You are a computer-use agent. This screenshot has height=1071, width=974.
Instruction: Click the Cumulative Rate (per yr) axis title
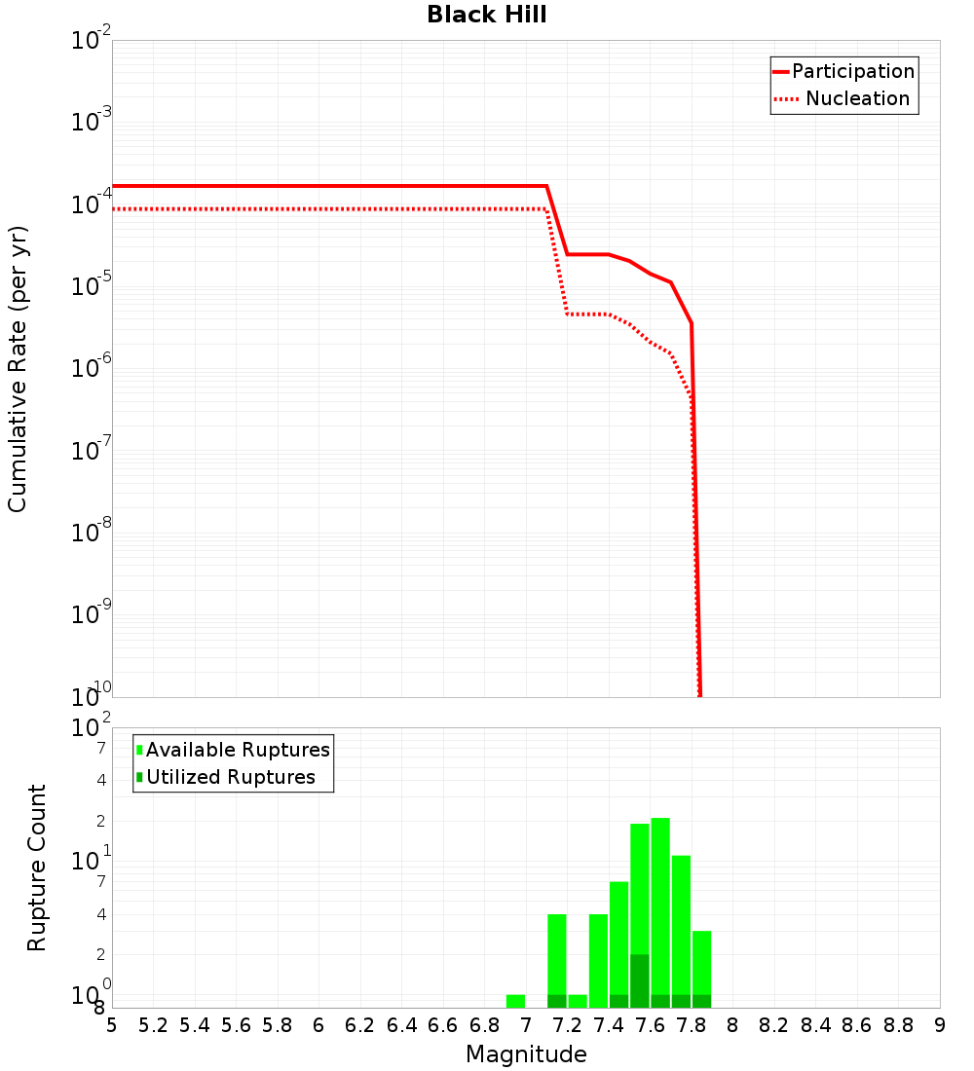point(18,369)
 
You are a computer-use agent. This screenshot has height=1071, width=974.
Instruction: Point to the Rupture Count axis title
point(37,868)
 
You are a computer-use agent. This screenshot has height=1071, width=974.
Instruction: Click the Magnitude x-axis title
point(526,1055)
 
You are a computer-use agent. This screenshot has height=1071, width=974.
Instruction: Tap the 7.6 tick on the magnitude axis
point(651,1025)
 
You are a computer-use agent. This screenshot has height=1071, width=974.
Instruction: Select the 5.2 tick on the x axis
point(153,1025)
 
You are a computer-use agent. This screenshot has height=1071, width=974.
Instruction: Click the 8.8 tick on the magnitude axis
point(899,1025)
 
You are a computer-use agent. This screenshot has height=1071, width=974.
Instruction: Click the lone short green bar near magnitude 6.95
point(515,1001)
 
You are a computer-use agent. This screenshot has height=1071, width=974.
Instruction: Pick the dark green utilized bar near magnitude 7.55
point(640,980)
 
